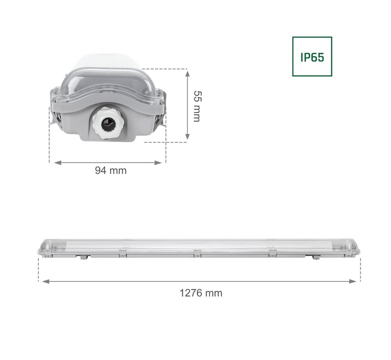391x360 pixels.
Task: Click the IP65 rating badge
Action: (x=312, y=56)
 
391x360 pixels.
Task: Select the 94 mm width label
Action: (x=111, y=170)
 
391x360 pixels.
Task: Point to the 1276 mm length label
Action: (x=201, y=293)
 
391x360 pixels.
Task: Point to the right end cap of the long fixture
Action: (x=354, y=248)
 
